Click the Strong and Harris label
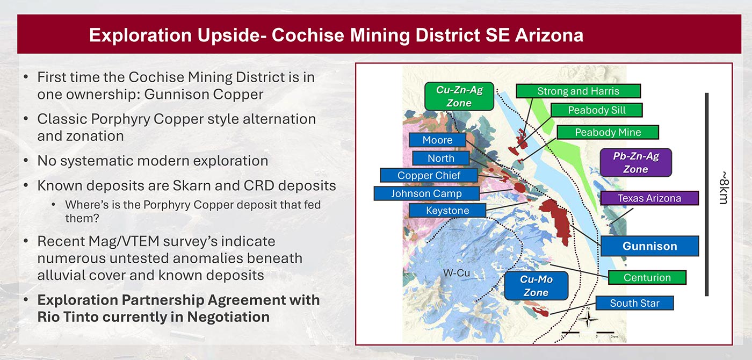tap(578, 91)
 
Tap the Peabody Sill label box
tap(597, 110)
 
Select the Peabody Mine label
tap(608, 132)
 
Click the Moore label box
tap(437, 140)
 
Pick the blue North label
tap(440, 158)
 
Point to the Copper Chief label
tap(429, 175)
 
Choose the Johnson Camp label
tap(426, 193)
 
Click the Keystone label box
tap(447, 211)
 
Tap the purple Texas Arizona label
tap(649, 198)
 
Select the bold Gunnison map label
tap(649, 246)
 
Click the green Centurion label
tap(647, 278)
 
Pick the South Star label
tap(634, 304)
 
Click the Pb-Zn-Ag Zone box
tap(635, 163)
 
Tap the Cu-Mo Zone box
tap(536, 286)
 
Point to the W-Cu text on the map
tap(456, 273)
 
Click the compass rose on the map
tap(588, 319)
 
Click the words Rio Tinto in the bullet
tap(68, 317)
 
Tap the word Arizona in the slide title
tap(549, 35)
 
